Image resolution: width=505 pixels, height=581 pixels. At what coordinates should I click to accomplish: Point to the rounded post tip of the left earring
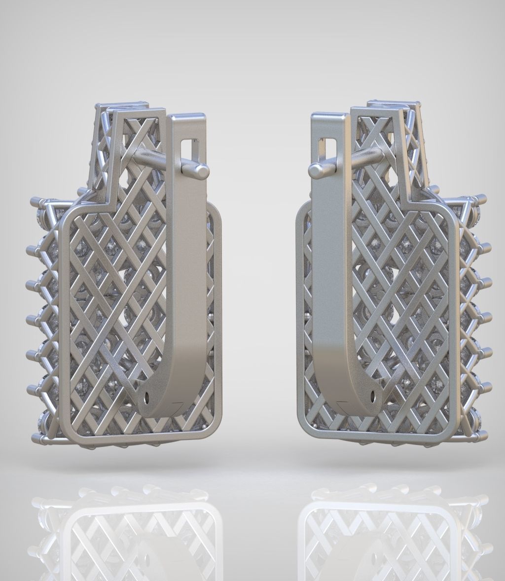click(x=202, y=171)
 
